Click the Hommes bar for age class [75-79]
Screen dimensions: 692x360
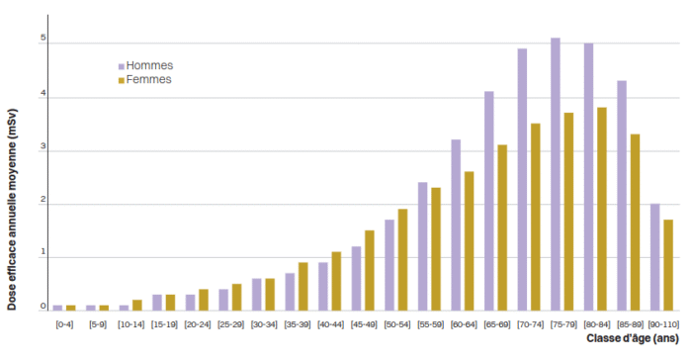(556, 174)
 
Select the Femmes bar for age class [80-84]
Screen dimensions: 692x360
(602, 209)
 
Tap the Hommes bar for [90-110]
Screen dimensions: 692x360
(654, 257)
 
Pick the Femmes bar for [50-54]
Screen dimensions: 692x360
(402, 260)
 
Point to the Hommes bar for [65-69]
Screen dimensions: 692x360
(489, 201)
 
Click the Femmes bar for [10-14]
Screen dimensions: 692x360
(137, 306)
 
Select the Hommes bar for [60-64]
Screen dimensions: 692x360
(456, 225)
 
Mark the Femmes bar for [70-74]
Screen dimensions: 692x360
(536, 217)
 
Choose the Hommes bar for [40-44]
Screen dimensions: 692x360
(323, 287)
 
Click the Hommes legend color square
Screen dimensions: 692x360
(122, 66)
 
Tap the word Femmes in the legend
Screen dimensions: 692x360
(148, 79)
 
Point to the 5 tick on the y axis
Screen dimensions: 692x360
(43, 38)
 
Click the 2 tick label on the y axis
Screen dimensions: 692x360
(43, 200)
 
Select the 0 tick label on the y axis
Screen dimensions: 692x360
(43, 306)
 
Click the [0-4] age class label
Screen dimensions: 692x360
(64, 324)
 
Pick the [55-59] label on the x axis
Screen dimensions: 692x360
(431, 324)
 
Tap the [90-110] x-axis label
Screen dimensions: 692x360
(663, 324)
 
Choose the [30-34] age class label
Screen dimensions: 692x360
(264, 324)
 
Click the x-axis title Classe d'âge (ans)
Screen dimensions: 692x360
(633, 339)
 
